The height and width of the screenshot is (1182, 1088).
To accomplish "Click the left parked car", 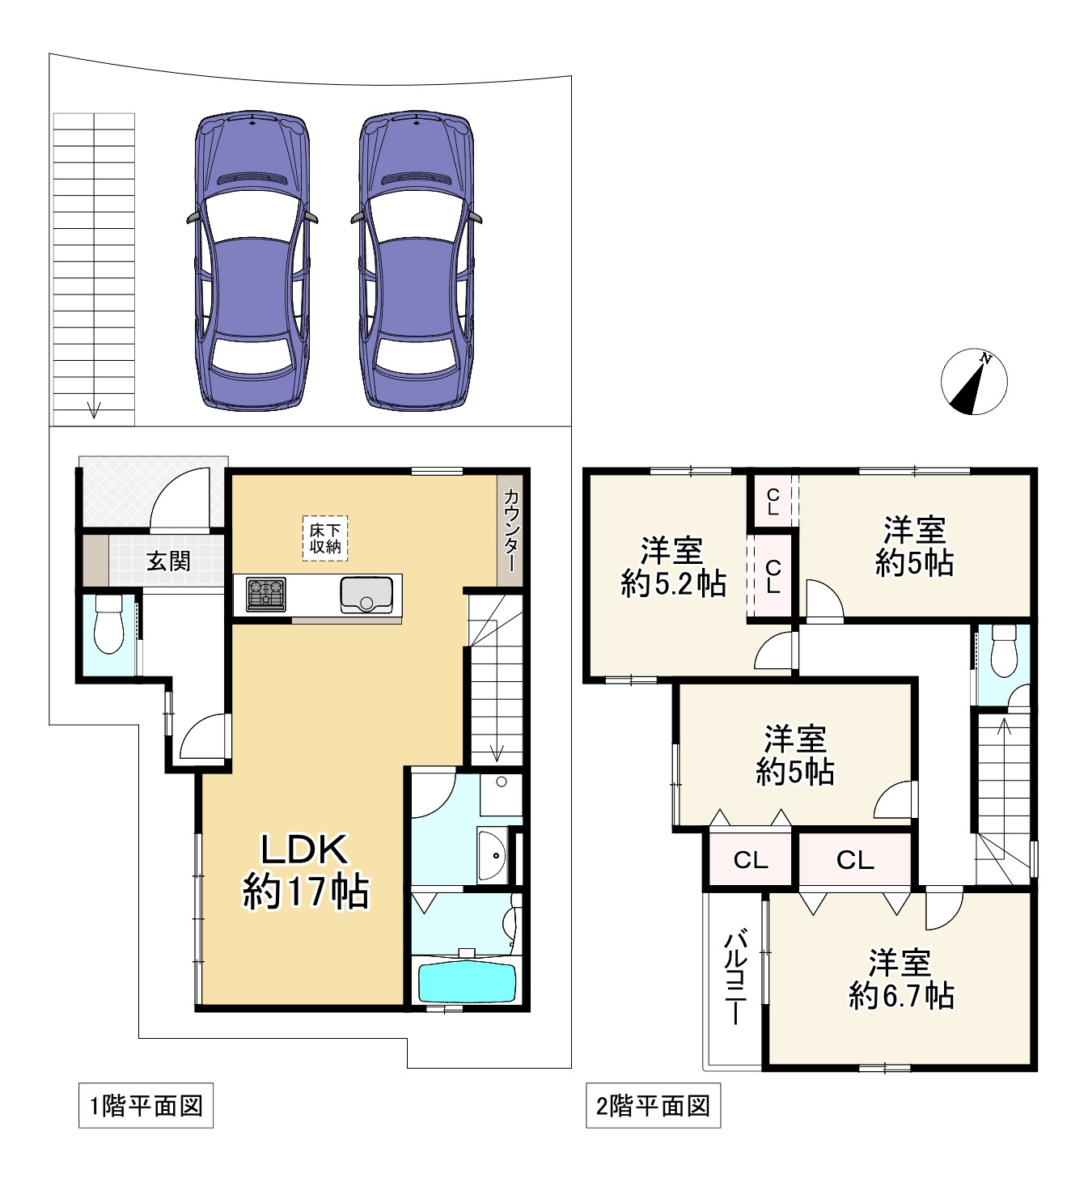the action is pyautogui.click(x=252, y=261).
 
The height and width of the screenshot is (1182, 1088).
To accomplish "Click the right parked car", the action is pyautogui.click(x=417, y=261).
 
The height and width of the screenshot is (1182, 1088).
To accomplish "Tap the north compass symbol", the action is pyautogui.click(x=974, y=382).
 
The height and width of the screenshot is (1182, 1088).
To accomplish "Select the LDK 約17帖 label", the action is pyautogui.click(x=305, y=871).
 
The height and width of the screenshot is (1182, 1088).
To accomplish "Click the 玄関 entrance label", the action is pyautogui.click(x=168, y=561).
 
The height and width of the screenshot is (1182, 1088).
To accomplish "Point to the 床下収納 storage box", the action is pyautogui.click(x=324, y=538).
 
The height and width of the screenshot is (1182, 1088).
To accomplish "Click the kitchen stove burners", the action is pyautogui.click(x=266, y=594).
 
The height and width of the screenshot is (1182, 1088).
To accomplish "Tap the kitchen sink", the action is pyautogui.click(x=366, y=595).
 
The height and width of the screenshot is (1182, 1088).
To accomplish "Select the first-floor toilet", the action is pyautogui.click(x=108, y=624).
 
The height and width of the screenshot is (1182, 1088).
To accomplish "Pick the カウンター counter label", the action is pyautogui.click(x=510, y=530).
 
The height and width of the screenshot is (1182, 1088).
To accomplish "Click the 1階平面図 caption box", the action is pyautogui.click(x=146, y=1106).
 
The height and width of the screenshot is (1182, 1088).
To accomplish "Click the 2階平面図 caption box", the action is pyautogui.click(x=653, y=1106).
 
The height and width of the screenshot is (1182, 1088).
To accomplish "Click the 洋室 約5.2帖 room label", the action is pyautogui.click(x=673, y=567).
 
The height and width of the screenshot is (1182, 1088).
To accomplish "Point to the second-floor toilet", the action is pyautogui.click(x=1004, y=651).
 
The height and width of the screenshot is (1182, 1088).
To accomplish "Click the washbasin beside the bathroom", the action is pyautogui.click(x=492, y=855).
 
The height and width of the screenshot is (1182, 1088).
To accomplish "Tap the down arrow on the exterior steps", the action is pyautogui.click(x=95, y=409).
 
